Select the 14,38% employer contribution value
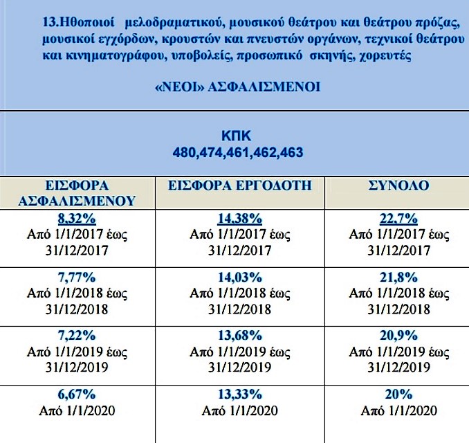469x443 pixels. pos(239,218)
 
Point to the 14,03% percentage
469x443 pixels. pos(239,278)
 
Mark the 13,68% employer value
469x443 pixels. pos(239,336)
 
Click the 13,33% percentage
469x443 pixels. pos(239,394)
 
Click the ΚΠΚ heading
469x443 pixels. pos(239,136)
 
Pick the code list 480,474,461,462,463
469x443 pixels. pos(239,152)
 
